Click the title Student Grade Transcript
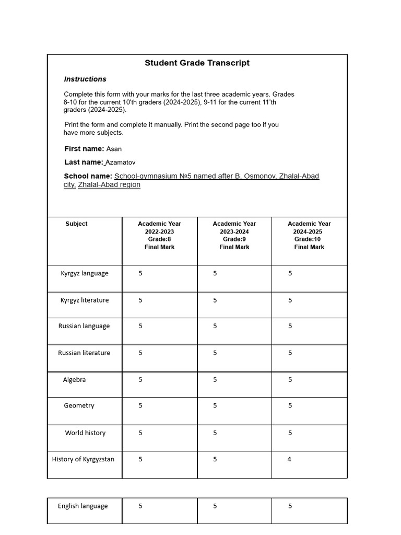tap(197, 63)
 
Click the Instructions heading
tap(85, 79)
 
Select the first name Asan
tap(114, 149)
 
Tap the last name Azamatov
tap(121, 162)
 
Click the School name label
tap(88, 176)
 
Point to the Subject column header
tap(76, 224)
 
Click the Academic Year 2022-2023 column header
tap(159, 235)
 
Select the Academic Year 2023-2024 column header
tap(234, 235)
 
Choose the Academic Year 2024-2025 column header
tap(309, 235)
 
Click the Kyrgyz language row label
tap(85, 273)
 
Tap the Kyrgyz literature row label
tap(85, 300)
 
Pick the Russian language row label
tap(84, 326)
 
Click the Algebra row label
tap(74, 380)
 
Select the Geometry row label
tap(79, 405)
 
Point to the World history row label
tap(85, 433)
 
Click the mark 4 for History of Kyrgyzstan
tap(289, 459)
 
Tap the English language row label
tap(82, 506)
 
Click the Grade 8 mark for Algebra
tap(140, 380)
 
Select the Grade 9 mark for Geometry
tap(215, 405)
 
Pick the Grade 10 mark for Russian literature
tap(290, 353)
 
